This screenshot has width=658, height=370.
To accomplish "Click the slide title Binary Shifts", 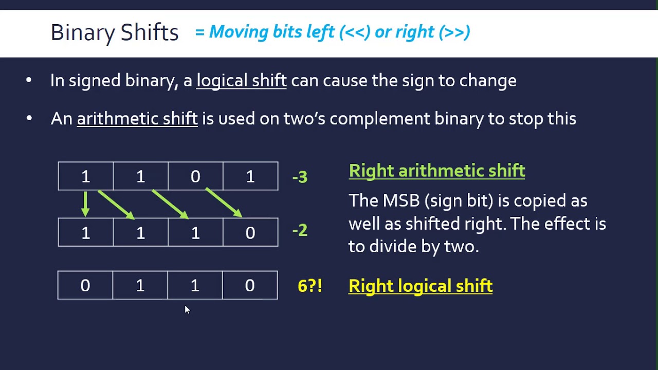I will [x=114, y=32].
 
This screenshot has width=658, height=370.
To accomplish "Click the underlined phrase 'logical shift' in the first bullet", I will [x=241, y=81].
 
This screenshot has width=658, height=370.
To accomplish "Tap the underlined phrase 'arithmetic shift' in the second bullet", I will [x=137, y=119].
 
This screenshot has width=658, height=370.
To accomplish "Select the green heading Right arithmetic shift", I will [x=436, y=171].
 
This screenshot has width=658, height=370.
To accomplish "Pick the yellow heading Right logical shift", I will [x=420, y=286].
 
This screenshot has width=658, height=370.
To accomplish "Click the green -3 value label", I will [x=300, y=177].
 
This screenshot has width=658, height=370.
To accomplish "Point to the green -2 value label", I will [x=300, y=230].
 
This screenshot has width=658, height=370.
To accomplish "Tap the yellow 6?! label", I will [x=309, y=286].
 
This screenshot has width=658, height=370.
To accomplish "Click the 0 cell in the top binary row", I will [x=195, y=176].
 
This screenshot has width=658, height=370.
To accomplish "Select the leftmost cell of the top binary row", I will [x=85, y=176].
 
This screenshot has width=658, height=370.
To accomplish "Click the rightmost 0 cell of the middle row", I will [x=250, y=233].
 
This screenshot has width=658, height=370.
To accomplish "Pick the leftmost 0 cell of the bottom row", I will [x=85, y=285].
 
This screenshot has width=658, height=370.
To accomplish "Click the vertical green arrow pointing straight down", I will [x=85, y=203].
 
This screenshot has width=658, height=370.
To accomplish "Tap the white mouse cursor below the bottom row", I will [x=187, y=309].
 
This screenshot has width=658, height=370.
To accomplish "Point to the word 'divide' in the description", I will [x=393, y=246].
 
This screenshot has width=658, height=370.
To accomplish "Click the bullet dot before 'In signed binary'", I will [x=29, y=81].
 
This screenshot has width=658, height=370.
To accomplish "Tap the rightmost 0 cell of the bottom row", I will [x=250, y=285].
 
